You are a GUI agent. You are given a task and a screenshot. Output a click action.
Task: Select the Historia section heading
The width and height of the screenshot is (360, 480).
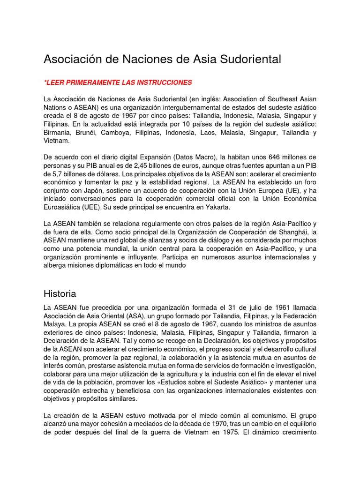pos(60,294)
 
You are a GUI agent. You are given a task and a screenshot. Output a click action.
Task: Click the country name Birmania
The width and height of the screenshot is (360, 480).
pos(58,133)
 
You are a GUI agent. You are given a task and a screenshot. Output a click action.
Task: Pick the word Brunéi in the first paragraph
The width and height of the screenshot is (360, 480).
pos(90,133)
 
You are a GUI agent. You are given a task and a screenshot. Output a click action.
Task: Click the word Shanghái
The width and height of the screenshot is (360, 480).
pos(294,232)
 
